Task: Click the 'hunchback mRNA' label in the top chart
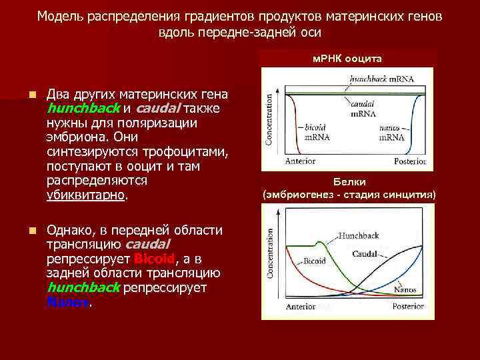tap(381, 79)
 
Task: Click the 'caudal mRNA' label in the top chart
tap(361, 109)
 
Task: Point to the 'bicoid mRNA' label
tap(315, 132)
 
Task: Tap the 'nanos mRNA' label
tap(391, 132)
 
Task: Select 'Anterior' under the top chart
tap(300, 161)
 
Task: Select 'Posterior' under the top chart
tap(409, 161)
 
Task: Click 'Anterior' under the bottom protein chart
tap(301, 307)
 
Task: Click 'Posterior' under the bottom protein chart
tap(408, 307)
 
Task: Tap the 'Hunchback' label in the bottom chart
tap(361, 236)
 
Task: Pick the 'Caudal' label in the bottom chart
tap(365, 254)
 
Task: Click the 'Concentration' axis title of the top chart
tap(270, 118)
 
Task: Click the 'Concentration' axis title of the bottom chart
tap(270, 254)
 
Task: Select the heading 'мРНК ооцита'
tap(347, 59)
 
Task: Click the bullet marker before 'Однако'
tap(31, 230)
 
